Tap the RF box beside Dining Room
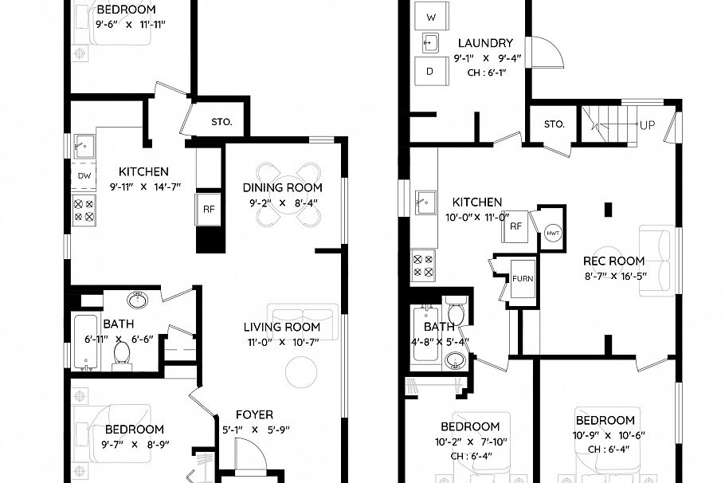coord(209,210)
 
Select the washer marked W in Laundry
coord(431,17)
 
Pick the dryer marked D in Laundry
coord(430,72)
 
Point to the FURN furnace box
coord(523,279)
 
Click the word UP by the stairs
coord(648,126)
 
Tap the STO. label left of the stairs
coord(555,124)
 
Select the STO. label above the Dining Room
coord(221,122)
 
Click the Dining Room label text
coord(283,188)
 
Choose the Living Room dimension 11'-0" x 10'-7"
coord(282,343)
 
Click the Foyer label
coord(254,414)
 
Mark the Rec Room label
coord(613,261)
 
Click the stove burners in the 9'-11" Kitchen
coord(84,210)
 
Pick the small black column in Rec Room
coord(609,210)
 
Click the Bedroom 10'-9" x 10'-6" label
coord(605,420)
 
